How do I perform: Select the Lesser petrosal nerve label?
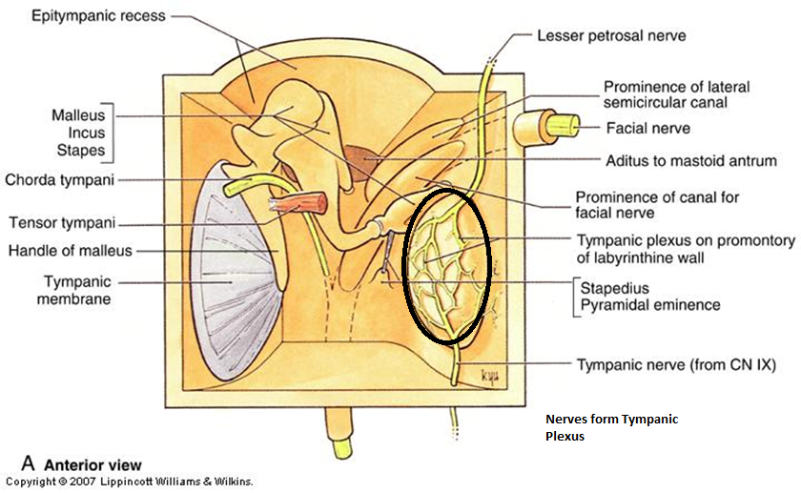click(x=611, y=36)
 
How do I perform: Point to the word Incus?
click(x=85, y=134)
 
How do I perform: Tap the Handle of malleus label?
click(x=71, y=251)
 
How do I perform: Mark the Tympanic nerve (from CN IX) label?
click(x=677, y=364)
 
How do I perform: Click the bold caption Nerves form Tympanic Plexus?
click(x=611, y=428)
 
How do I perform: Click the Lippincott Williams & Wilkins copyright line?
click(x=129, y=483)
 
